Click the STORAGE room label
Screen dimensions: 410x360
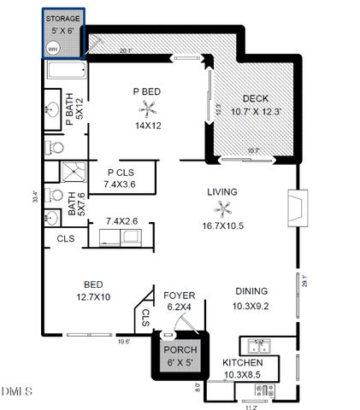[x=63, y=18]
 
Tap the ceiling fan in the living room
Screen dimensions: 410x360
[x=225, y=208]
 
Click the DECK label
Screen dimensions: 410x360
[x=256, y=98]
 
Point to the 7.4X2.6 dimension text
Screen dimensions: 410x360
[x=122, y=221]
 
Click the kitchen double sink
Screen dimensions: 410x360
[x=257, y=346]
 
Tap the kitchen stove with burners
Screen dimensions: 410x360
[x=257, y=391]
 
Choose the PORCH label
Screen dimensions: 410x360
[x=180, y=351]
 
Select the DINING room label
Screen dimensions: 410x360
[x=251, y=290]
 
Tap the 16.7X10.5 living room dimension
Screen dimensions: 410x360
[x=222, y=226]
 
